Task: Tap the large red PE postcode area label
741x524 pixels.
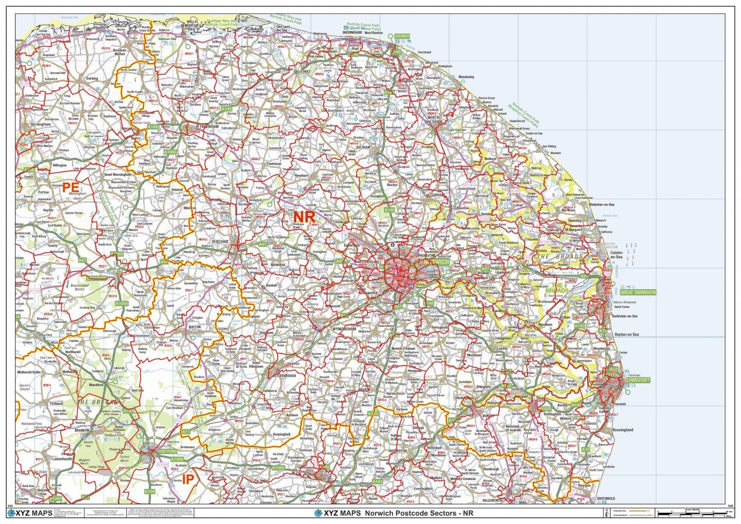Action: click(71, 187)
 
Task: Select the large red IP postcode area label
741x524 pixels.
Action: click(188, 479)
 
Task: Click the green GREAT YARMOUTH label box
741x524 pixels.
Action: click(638, 292)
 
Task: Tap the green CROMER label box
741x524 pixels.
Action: click(402, 36)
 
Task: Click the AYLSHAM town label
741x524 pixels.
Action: click(363, 147)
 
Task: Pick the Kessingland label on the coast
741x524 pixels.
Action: click(623, 430)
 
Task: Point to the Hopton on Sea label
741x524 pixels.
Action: click(626, 334)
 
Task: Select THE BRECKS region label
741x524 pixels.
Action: click(97, 402)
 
